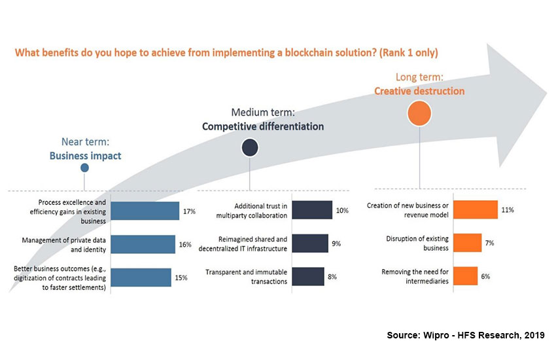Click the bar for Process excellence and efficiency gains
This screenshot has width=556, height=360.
(x=145, y=211)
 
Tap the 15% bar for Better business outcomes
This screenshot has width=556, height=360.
(x=141, y=278)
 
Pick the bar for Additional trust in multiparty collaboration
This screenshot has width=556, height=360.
(x=312, y=210)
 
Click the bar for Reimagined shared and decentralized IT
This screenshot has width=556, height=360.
(x=310, y=243)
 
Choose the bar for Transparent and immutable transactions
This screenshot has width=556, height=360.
(x=308, y=276)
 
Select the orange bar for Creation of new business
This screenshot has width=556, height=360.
(x=476, y=209)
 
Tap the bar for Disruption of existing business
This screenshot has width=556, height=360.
(x=468, y=242)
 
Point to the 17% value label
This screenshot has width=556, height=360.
(x=190, y=211)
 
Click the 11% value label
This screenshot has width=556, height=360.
(x=508, y=210)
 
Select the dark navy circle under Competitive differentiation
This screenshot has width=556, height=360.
(x=250, y=147)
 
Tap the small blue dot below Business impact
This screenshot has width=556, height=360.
(x=84, y=168)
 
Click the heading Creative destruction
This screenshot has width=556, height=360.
(x=419, y=91)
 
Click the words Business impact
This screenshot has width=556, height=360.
(x=84, y=156)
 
